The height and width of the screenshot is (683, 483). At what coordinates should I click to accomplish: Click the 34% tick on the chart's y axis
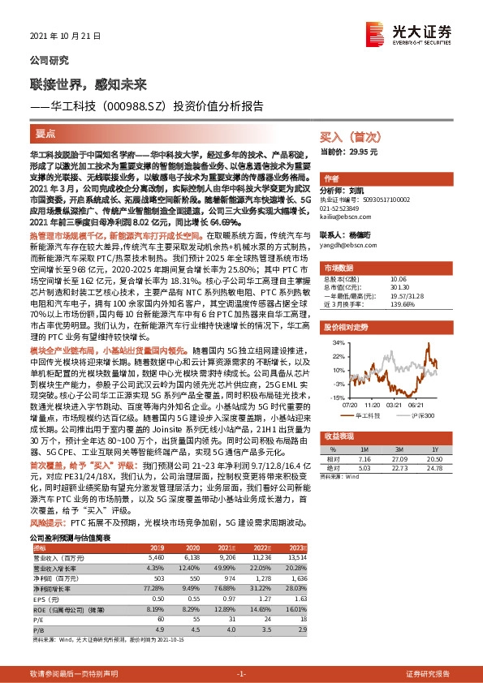click(x=336, y=343)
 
